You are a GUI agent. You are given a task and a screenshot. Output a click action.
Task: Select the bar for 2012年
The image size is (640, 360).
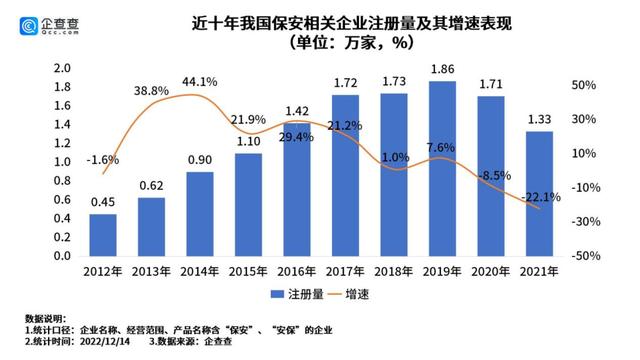[x=103, y=235]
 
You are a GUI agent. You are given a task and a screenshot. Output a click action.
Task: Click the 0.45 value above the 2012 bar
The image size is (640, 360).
[x=103, y=202]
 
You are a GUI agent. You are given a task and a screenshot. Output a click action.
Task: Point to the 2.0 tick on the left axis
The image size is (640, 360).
[x=61, y=68]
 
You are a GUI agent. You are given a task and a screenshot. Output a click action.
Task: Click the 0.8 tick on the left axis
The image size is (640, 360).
[x=61, y=181]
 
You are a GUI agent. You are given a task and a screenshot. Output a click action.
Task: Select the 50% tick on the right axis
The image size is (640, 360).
[x=586, y=86]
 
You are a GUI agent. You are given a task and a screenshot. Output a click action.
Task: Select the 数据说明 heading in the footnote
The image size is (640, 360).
[x=32, y=316]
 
